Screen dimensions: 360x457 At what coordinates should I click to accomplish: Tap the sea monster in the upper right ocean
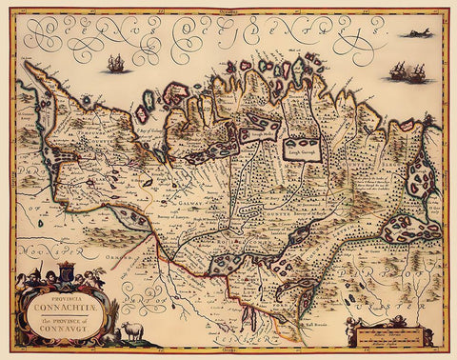(x=418, y=33)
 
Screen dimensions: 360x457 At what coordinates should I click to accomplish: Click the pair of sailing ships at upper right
(x=407, y=71)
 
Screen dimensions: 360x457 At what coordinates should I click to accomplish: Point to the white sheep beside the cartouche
(x=130, y=331)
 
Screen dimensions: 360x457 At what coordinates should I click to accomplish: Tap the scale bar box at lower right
(x=387, y=333)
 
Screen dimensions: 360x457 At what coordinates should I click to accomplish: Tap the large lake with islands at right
(x=410, y=229)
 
